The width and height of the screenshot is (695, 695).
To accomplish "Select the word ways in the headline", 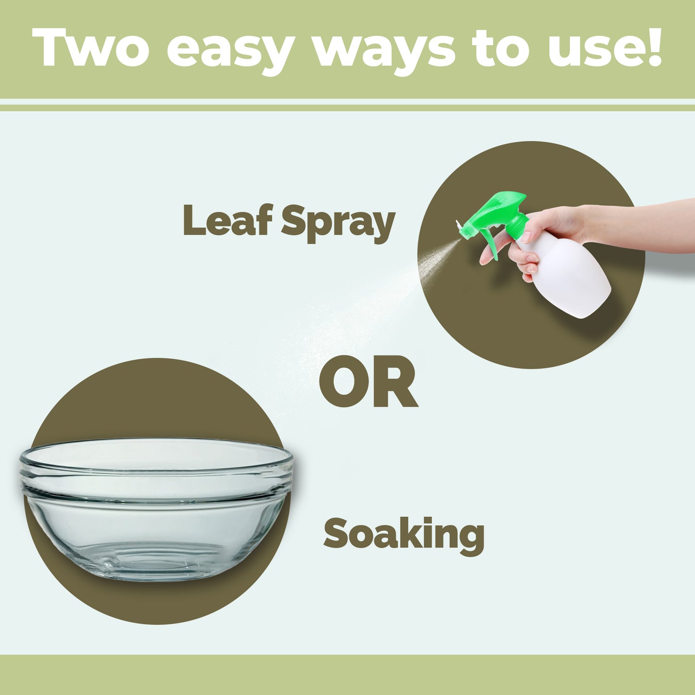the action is point(384,52).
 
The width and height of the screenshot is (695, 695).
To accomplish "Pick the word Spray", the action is point(338,223).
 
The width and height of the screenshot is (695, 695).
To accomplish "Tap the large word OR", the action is point(368,381).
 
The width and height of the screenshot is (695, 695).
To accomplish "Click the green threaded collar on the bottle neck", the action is point(517,224).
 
